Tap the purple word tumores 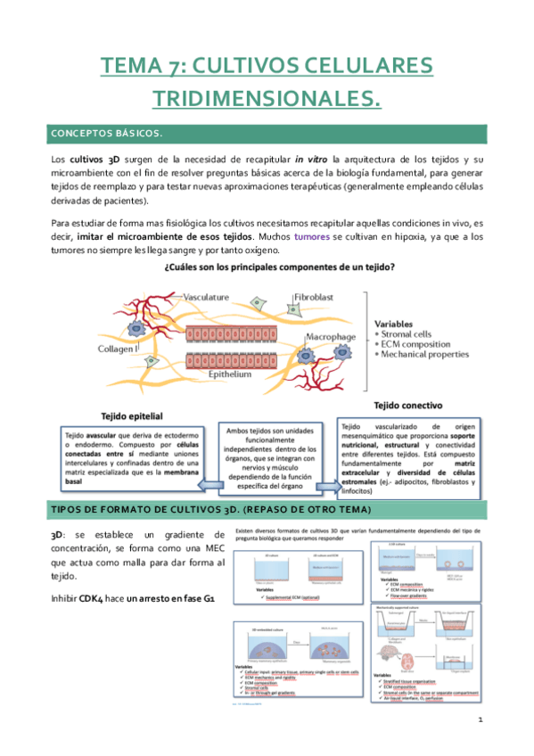coord(311,237)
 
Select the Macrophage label coord(332,337)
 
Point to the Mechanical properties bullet coord(424,354)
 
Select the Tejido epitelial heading coord(135,415)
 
